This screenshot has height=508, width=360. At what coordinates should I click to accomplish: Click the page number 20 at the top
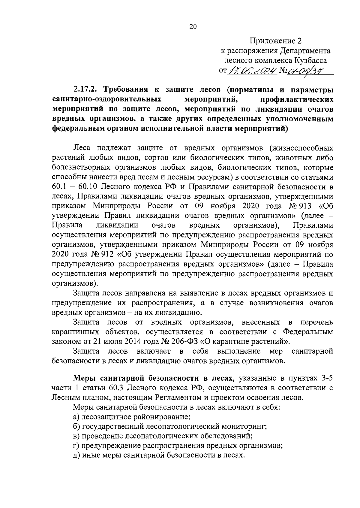point(193,27)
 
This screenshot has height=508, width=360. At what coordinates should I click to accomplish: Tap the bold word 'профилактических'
point(297,99)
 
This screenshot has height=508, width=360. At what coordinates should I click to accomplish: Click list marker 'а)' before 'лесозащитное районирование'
point(76,417)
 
